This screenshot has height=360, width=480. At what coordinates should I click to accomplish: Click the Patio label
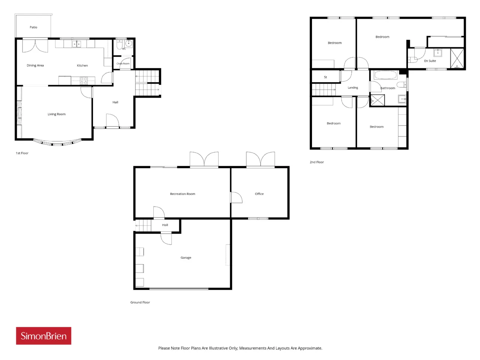tap(33, 27)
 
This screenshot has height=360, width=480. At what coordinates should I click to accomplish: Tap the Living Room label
tap(56, 114)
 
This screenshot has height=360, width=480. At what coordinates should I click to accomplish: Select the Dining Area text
tap(35, 65)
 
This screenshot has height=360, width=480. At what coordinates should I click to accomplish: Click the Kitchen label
tap(82, 65)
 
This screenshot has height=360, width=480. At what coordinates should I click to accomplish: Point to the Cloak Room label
tap(123, 64)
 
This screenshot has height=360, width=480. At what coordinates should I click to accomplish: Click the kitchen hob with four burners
tap(84, 81)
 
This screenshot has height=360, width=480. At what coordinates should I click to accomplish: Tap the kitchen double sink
tap(76, 44)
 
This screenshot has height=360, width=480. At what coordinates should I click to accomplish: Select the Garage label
tap(186, 258)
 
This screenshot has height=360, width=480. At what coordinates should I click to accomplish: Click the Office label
tap(259, 194)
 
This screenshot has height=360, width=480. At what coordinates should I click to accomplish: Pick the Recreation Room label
tap(182, 194)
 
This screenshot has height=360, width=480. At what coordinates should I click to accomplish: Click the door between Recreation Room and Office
tap(236, 197)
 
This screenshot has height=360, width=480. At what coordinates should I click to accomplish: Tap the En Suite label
tap(430, 61)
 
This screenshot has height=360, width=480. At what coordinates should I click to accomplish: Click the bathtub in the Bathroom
tap(385, 75)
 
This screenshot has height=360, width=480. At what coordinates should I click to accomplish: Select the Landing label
tap(353, 88)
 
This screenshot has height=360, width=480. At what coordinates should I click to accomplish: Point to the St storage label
tap(325, 77)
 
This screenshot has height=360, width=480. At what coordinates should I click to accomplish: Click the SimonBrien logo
tap(43, 336)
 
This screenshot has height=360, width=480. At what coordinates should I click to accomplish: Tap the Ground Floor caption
tap(140, 302)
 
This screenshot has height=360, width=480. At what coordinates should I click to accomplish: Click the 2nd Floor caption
tap(316, 162)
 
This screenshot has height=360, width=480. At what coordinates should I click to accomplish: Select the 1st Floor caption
tap(22, 153)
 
